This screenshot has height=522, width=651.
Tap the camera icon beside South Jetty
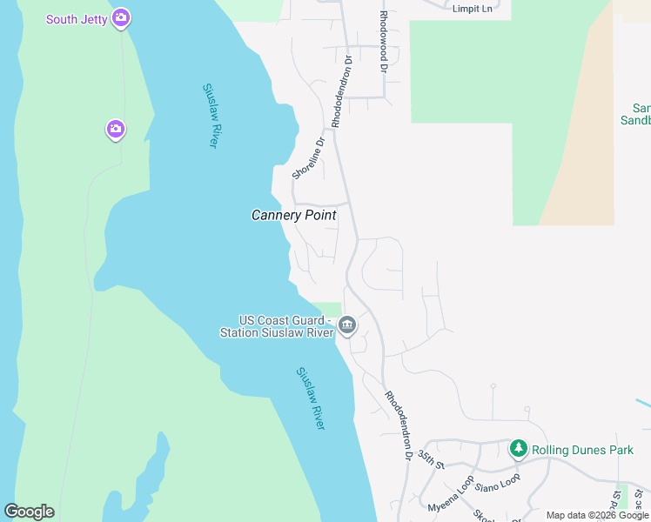(120, 17)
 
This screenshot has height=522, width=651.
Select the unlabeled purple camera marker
(115, 130)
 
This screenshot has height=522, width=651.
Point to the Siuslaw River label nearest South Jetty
(210, 116)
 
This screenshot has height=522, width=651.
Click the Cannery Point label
(293, 215)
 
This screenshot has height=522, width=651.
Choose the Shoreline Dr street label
(308, 157)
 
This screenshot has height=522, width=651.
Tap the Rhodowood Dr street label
(382, 41)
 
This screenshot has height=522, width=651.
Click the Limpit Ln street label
(472, 9)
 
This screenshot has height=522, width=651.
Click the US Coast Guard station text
(277, 327)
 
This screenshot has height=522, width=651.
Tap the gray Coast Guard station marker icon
(347, 325)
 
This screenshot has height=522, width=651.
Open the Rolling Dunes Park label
(582, 450)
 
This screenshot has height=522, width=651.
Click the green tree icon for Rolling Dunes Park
(519, 449)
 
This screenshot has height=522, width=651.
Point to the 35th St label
(431, 458)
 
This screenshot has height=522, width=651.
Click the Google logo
(29, 512)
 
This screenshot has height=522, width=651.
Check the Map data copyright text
(597, 515)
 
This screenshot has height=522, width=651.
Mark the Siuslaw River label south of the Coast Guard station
(311, 398)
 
